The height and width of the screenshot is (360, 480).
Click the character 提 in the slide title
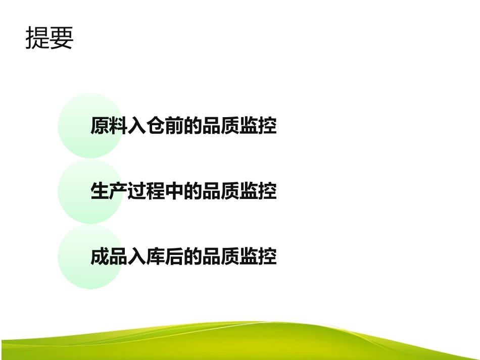coord(37,38)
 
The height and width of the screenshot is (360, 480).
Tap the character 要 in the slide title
coord(61,38)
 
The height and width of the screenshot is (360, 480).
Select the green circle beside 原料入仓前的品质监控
coord(76,125)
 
